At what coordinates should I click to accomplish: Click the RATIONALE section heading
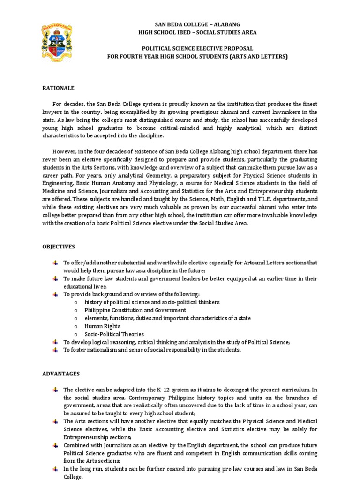coord(59,88)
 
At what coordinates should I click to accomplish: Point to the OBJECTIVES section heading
coord(59,246)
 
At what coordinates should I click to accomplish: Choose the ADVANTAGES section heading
coord(61,374)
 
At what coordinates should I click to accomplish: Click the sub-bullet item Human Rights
coord(102,326)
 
